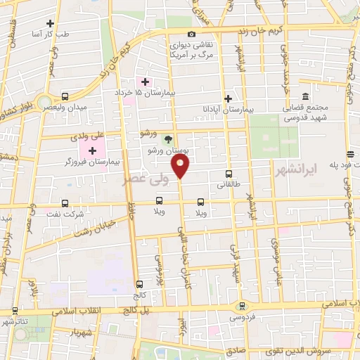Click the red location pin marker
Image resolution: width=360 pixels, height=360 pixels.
coord(181,167)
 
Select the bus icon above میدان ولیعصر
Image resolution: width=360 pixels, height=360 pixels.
coord(65,96)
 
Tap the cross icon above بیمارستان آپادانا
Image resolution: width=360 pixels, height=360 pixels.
coord(227,99)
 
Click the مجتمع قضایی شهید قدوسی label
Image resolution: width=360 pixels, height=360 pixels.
coord(304,113)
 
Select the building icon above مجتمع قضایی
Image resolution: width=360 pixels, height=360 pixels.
coord(304,97)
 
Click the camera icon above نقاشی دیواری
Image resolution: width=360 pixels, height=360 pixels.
coord(191,34)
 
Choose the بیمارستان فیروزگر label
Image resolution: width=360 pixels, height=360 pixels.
coord(92,162)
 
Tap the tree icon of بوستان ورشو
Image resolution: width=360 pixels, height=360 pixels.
coord(167,139)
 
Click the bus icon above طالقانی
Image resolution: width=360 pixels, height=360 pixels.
coord(228,174)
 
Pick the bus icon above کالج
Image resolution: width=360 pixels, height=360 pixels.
coord(139,285)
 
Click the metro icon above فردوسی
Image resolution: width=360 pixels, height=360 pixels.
coord(243,306)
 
